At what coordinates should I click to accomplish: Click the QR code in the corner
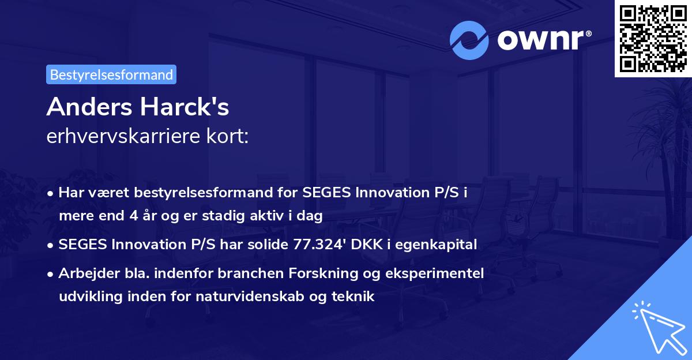[652, 38]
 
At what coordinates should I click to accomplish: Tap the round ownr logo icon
[469, 40]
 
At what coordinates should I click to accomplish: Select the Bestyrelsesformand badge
[111, 74]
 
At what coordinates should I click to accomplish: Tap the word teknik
[356, 297]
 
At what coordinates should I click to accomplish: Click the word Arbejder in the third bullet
[82, 273]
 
